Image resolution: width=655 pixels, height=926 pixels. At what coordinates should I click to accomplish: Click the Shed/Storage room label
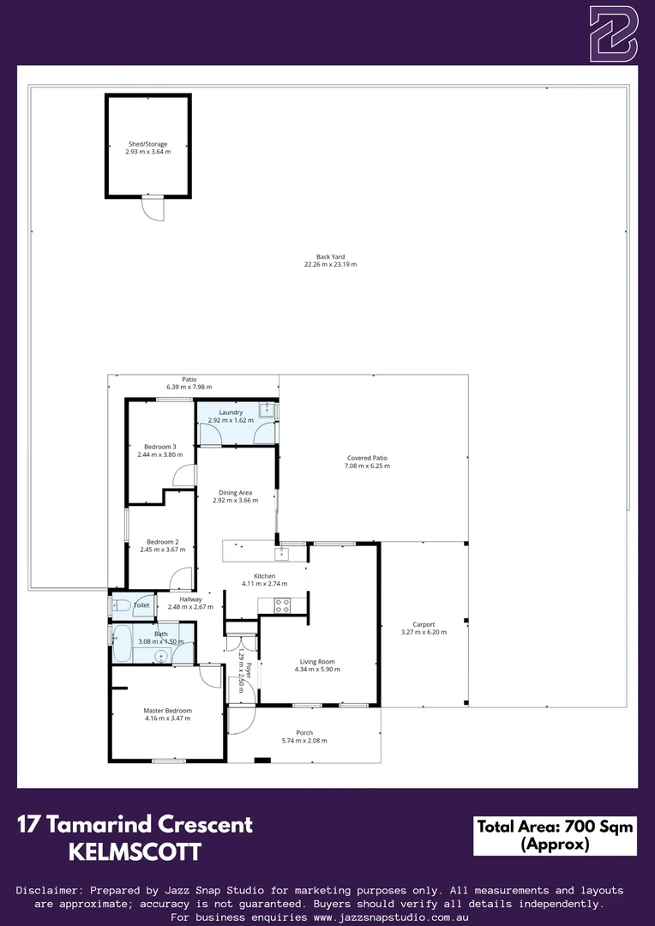[147, 144]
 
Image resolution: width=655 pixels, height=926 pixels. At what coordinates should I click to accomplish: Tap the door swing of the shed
[153, 209]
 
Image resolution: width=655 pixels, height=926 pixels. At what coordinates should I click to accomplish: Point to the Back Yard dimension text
[330, 265]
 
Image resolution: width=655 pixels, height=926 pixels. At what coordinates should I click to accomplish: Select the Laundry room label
[231, 412]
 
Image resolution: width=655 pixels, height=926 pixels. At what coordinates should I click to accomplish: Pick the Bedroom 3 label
[159, 447]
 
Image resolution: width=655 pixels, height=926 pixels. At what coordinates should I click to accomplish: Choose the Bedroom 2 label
[162, 542]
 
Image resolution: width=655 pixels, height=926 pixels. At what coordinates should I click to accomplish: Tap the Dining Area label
[235, 493]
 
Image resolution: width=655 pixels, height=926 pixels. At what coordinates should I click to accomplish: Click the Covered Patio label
[367, 458]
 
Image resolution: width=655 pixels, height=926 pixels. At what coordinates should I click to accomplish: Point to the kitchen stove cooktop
[283, 605]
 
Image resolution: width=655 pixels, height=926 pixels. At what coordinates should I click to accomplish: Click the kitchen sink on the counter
[292, 554]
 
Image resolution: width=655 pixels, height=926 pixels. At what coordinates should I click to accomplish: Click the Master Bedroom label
[167, 711]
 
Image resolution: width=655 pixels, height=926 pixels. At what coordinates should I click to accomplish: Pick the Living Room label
[317, 662]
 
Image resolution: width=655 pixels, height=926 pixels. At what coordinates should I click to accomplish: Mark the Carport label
[424, 624]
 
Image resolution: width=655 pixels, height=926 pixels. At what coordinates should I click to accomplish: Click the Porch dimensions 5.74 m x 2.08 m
[304, 741]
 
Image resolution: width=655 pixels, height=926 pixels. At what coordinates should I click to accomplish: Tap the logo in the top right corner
[613, 33]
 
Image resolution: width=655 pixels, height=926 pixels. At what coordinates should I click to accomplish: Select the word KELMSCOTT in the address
[135, 852]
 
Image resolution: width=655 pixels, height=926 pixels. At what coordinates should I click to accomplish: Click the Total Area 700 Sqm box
[555, 835]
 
